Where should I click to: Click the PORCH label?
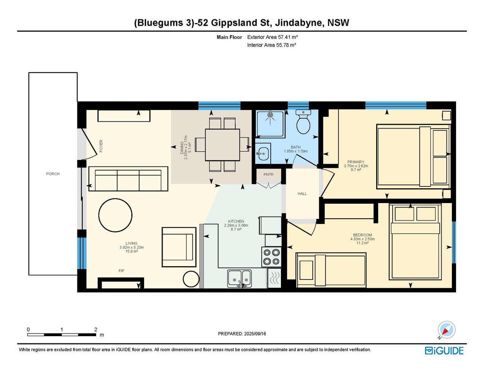pos(53,174)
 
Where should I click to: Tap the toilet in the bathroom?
pos(303,121)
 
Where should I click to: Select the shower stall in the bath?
pos(270,124)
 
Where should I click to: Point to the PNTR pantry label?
pos(268,175)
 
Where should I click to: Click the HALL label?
pos(302,194)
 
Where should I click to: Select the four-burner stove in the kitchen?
pos(271,257)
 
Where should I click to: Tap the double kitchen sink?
pos(239,278)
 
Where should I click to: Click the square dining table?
pos(222,145)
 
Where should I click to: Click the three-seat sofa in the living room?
pos(128,178)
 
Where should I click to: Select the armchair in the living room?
pos(179,247)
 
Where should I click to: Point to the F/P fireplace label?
pos(121,271)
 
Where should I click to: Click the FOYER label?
pos(101,146)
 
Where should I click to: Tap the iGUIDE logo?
pos(444,351)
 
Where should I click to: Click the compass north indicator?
pos(446,330)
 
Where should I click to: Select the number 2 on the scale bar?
pos(96,329)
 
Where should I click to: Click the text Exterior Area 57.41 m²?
pos(272,37)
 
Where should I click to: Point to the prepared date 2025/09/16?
pos(255,334)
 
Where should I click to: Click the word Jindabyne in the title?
pos(299,23)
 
